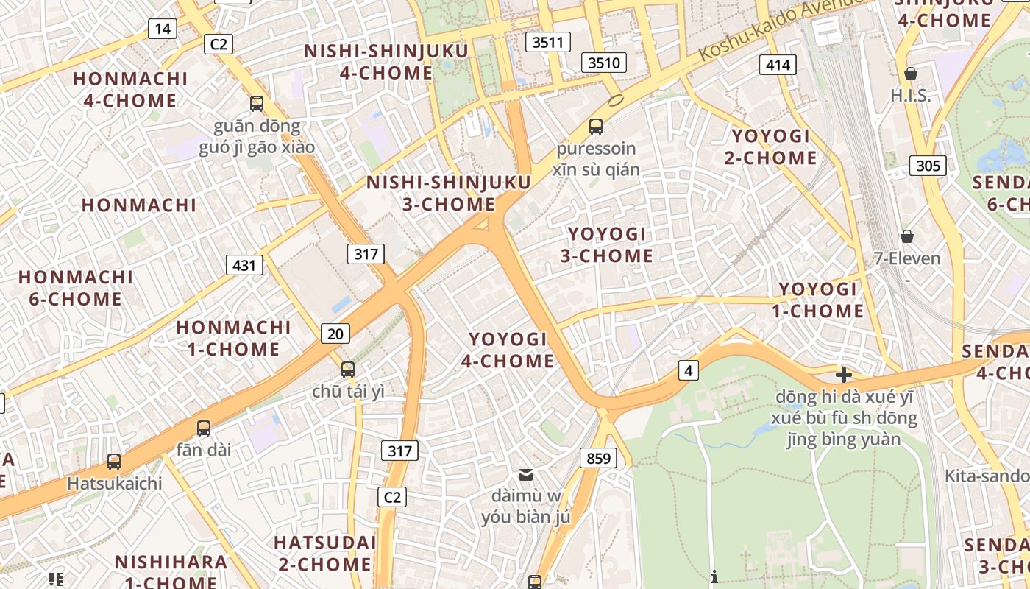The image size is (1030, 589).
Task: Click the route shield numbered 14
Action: point(162,29)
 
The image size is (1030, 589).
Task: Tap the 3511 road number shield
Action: point(548,42)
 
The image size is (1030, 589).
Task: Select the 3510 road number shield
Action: point(603,63)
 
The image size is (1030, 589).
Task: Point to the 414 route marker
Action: point(778,65)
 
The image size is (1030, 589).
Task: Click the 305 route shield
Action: point(928,166)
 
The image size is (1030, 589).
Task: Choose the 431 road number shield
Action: point(244,264)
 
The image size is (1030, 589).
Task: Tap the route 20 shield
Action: point(335,334)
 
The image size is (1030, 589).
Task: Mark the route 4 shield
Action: point(688,370)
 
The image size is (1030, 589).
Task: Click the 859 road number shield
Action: point(599,458)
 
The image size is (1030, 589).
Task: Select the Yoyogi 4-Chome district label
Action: point(508,350)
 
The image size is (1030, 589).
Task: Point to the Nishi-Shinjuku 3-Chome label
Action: point(449,193)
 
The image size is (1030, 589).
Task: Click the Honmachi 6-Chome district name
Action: point(75,288)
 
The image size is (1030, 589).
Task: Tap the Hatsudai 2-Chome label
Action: point(324,554)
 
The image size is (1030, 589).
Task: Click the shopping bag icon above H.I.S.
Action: point(911,73)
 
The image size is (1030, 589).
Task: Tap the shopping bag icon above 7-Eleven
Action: point(907,236)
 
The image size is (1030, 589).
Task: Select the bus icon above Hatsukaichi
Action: point(114,462)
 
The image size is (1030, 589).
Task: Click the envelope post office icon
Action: point(526,474)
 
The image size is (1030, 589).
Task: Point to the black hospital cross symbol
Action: point(843,374)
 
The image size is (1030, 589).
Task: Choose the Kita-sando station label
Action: point(986,476)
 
